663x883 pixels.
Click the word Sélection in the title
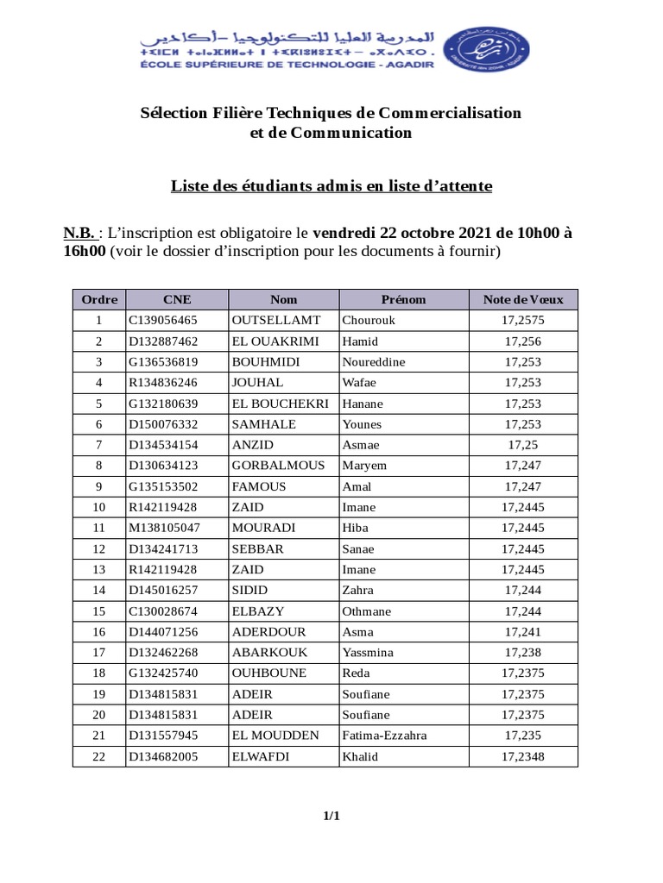coord(175,113)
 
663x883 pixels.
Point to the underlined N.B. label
coord(79,233)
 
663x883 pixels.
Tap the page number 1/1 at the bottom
coord(331,816)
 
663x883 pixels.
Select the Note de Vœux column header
coord(522,300)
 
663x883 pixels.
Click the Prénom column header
coord(403,300)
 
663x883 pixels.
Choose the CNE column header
coord(177,300)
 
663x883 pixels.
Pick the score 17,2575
coord(522,321)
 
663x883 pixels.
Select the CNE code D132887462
coord(163,341)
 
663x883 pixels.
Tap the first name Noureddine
coord(374,362)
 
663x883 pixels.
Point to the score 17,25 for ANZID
coord(522,445)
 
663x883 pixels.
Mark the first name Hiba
coord(356,528)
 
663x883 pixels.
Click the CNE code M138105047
coord(164,528)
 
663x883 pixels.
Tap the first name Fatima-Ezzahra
coord(384,736)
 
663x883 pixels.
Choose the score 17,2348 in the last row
coord(522,756)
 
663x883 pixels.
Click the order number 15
coord(98,611)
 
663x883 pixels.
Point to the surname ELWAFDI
coord(259,756)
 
